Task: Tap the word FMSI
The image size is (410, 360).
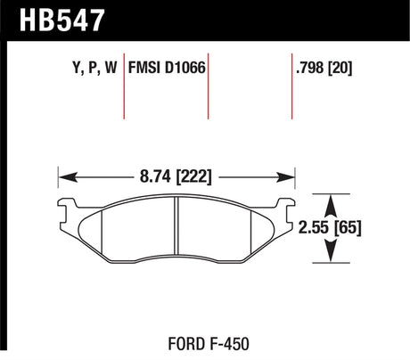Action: click(x=146, y=65)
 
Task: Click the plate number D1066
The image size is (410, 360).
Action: click(x=184, y=65)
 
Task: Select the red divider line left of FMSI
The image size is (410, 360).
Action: click(x=123, y=89)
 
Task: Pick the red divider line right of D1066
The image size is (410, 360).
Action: click(x=209, y=89)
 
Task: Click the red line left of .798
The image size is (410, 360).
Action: click(x=293, y=89)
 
